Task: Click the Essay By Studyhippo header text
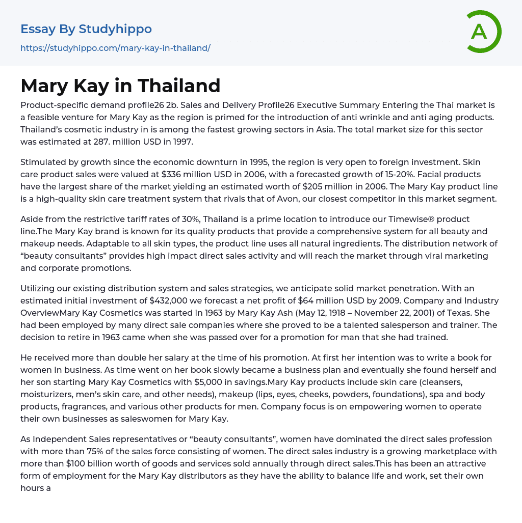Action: pyautogui.click(x=86, y=29)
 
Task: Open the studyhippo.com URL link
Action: pyautogui.click(x=115, y=48)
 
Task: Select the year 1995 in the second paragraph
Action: pyautogui.click(x=248, y=162)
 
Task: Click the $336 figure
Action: pyautogui.click(x=172, y=174)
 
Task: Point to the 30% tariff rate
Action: pyautogui.click(x=167, y=219)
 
